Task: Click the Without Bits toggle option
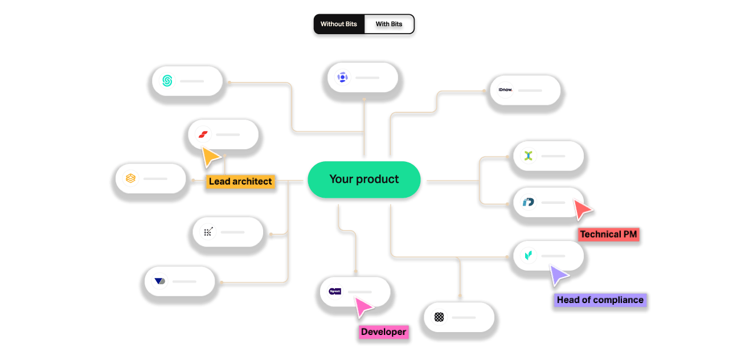point(338,24)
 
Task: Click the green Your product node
point(364,179)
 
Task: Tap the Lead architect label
point(240,182)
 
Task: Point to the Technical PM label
point(608,234)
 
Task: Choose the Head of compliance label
point(600,300)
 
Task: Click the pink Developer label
point(383,332)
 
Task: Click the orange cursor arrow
point(210,157)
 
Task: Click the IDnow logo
point(505,90)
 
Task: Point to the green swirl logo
point(167,81)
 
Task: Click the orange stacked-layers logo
point(131,178)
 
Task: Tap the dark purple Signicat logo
point(335,291)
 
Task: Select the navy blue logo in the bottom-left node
point(160,281)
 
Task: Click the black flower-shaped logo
point(439,317)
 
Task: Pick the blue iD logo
point(529,202)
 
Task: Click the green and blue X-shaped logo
point(529,156)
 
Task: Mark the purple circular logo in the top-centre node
point(342,77)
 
